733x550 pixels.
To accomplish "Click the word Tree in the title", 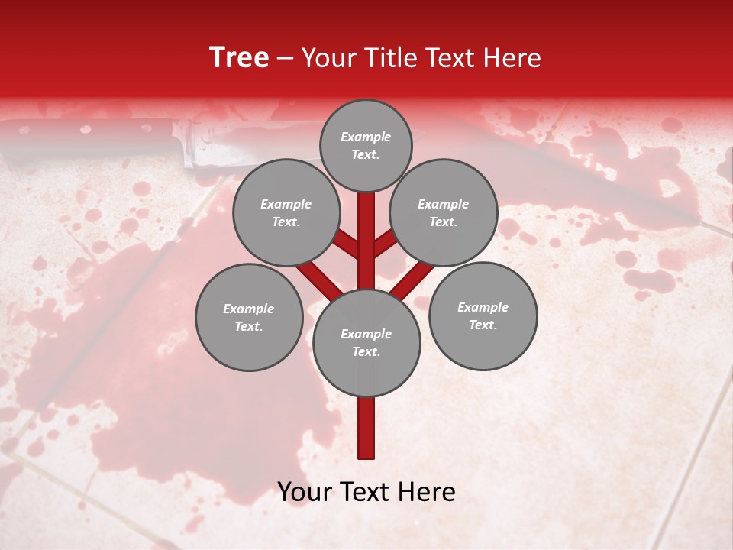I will click(x=239, y=58).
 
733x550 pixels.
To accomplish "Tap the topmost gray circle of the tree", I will click(x=366, y=145).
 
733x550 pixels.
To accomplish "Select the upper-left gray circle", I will click(x=286, y=212).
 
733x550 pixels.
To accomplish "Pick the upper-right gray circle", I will click(x=444, y=212).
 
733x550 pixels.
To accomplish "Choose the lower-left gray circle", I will click(x=249, y=317).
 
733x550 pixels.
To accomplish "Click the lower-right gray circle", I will click(x=483, y=315).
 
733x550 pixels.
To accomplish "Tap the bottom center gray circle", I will click(x=366, y=342).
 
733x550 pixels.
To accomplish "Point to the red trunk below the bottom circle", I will click(x=366, y=428).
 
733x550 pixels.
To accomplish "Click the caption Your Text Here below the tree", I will click(x=366, y=492).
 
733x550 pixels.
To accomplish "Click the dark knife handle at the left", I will click(x=84, y=141).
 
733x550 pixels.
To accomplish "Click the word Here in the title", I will click(x=513, y=58).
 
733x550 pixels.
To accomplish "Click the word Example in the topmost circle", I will click(x=366, y=137).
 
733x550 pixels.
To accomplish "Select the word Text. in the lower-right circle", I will click(x=483, y=325).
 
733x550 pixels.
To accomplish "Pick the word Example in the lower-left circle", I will click(x=249, y=309).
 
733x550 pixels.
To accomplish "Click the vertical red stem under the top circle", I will click(x=366, y=229).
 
